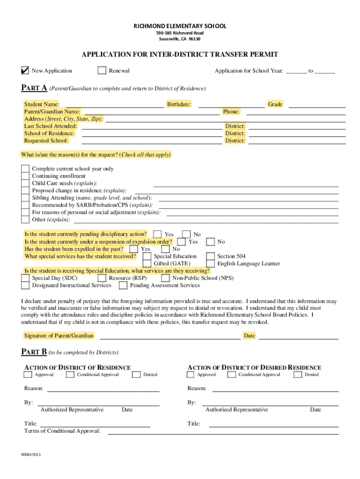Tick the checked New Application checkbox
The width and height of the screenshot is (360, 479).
tap(25, 71)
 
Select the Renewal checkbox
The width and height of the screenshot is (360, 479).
tap(102, 71)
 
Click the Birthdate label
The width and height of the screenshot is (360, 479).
tap(179, 104)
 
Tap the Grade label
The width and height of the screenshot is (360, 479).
tap(275, 104)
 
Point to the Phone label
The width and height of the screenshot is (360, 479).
tap(231, 112)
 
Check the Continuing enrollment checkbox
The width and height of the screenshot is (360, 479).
tap(25, 176)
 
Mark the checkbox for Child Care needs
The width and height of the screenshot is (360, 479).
tap(25, 183)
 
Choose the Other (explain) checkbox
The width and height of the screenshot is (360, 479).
tap(25, 219)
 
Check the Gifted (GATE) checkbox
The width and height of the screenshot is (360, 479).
tap(147, 264)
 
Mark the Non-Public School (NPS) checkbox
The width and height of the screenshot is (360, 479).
tap(166, 278)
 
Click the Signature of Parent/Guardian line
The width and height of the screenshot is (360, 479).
tap(170, 336)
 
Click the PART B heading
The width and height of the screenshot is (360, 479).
tap(34, 351)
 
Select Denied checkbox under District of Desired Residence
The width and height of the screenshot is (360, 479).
tap(298, 374)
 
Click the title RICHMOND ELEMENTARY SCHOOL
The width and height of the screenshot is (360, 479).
tap(180, 26)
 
